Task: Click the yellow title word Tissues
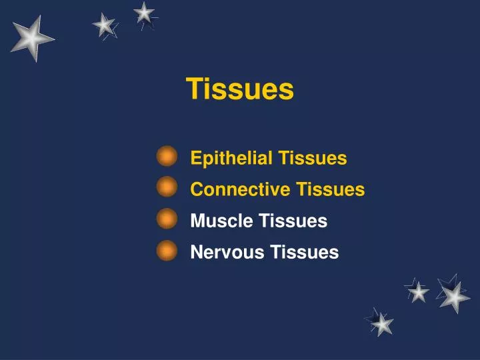(x=239, y=89)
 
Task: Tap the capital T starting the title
(x=193, y=89)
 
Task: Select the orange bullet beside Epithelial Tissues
(x=167, y=157)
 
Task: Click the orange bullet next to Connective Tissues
(x=167, y=187)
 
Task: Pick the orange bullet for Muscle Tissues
(x=167, y=219)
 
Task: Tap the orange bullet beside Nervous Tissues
(x=167, y=251)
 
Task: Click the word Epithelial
(x=231, y=159)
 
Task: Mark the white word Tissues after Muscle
(x=293, y=221)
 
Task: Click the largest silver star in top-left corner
(x=31, y=37)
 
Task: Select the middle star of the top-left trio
(x=104, y=25)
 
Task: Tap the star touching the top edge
(x=144, y=12)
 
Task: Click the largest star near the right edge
(x=453, y=295)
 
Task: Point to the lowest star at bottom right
(x=381, y=323)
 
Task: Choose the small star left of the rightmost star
(x=418, y=291)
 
